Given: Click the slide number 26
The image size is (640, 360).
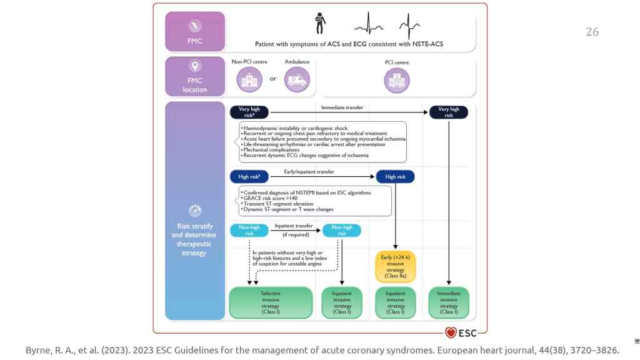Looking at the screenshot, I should point(592,32).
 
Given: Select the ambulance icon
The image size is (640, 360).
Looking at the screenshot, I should point(297,80).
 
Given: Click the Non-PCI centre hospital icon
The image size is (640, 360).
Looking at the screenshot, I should point(249,80).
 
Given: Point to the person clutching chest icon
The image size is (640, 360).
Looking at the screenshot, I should point(320,24).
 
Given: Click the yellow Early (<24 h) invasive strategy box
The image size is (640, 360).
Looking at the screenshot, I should point(396,267).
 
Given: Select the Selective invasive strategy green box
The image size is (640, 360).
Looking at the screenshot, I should point(270,302).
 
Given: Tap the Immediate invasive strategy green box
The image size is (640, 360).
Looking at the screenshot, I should point(448,302).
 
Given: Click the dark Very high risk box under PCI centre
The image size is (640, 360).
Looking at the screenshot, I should point(448,112).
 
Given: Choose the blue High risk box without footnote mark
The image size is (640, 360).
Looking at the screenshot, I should point(395,177).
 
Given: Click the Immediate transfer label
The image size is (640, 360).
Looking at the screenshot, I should point(342,107).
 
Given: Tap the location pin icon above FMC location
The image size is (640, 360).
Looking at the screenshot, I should point(194,66).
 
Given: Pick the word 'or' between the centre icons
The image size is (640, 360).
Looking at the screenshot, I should point(273,79).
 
